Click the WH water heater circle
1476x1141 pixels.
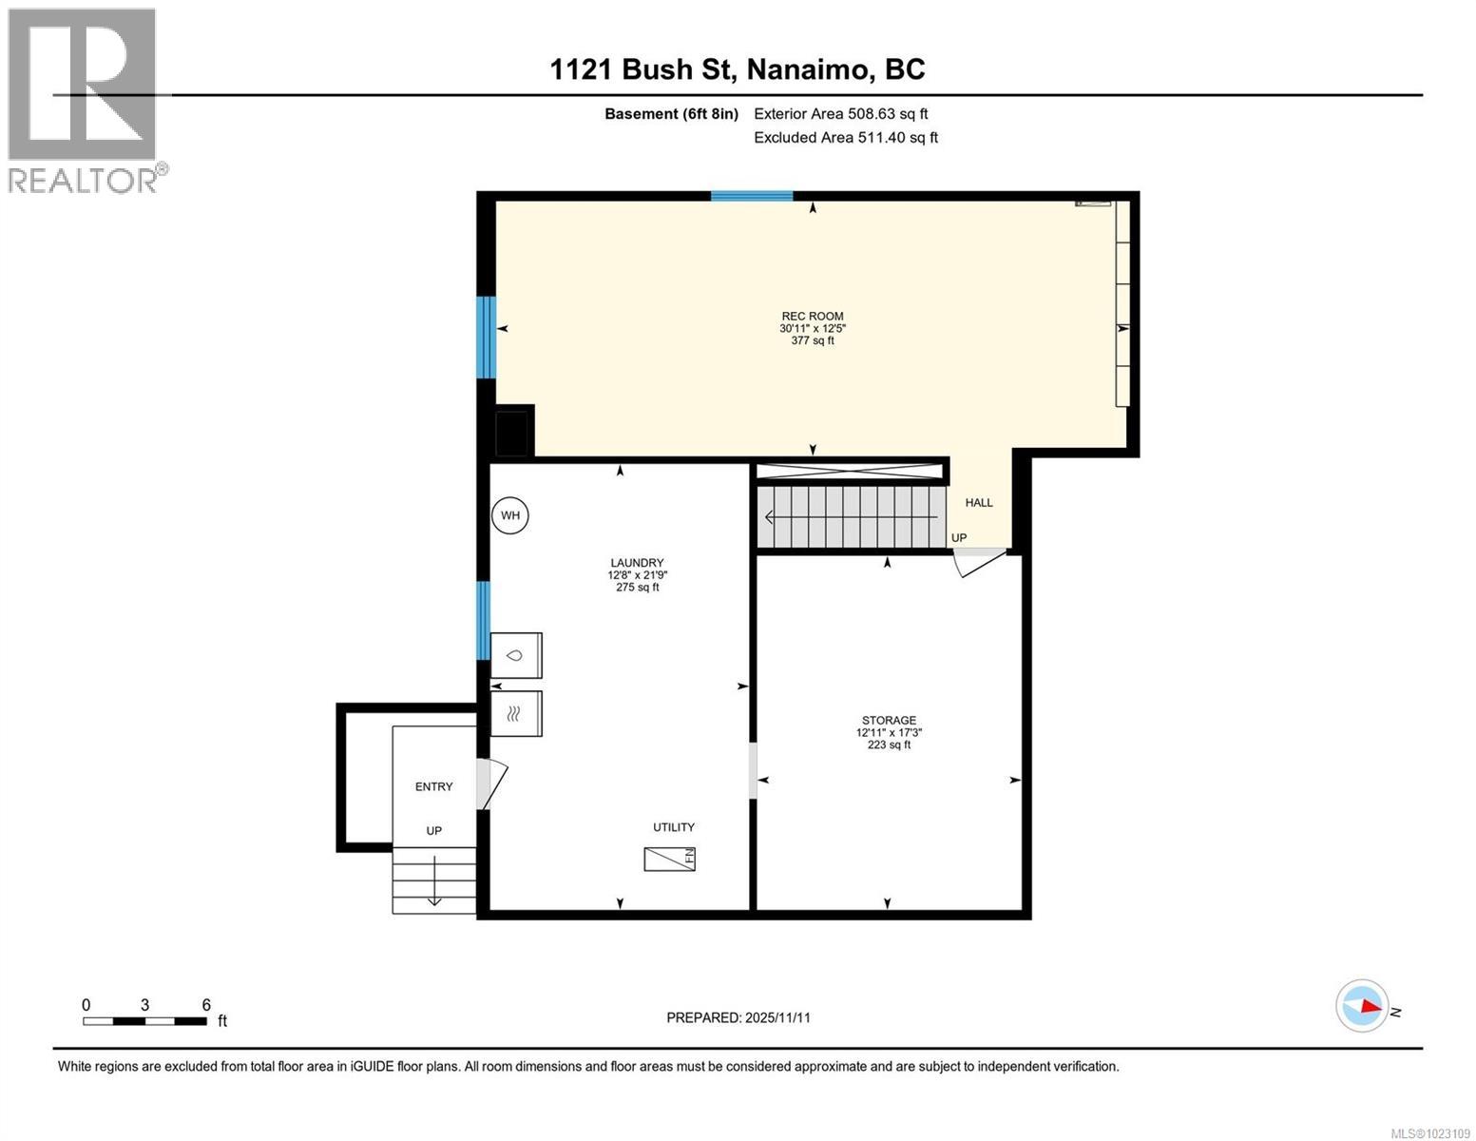point(509,515)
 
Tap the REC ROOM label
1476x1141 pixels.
point(812,316)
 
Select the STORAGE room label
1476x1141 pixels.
point(889,721)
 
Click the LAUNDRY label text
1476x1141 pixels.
point(637,563)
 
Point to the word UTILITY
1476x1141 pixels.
point(673,827)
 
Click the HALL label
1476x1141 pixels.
point(979,503)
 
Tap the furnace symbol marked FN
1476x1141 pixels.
point(669,859)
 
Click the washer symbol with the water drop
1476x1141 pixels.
point(515,655)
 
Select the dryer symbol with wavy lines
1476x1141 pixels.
point(515,713)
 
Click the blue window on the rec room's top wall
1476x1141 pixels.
point(751,197)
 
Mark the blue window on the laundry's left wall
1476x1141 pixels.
point(482,621)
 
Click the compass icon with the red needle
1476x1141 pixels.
point(1362,1006)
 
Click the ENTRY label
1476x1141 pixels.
point(433,786)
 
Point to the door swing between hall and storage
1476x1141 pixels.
point(978,563)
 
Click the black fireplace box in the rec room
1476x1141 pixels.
point(511,433)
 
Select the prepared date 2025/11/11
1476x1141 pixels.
point(777,1017)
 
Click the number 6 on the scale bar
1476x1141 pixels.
point(206,1004)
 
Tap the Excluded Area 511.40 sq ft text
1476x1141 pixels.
point(846,137)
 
